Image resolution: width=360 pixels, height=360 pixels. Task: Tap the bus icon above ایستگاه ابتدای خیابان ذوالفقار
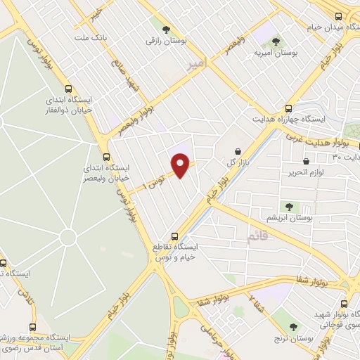[68, 89]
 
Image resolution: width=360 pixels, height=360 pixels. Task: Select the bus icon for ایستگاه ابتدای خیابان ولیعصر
[106, 157]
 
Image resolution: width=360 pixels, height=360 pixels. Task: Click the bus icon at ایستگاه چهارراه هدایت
[289, 108]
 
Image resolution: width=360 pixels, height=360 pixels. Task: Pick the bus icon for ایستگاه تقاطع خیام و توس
[175, 237]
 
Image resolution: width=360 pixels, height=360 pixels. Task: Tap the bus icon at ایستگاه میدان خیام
[338, 16]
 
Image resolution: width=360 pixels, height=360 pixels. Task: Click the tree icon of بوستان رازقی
[165, 30]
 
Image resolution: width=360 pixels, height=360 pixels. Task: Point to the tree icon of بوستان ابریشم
[288, 206]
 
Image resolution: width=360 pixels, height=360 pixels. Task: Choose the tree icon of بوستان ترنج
[294, 327]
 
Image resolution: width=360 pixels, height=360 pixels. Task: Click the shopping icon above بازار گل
[237, 151]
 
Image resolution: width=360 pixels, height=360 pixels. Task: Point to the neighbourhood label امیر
[199, 67]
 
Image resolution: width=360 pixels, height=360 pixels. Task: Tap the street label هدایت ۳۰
[346, 155]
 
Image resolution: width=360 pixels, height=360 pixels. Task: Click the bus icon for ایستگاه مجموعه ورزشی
[32, 328]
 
